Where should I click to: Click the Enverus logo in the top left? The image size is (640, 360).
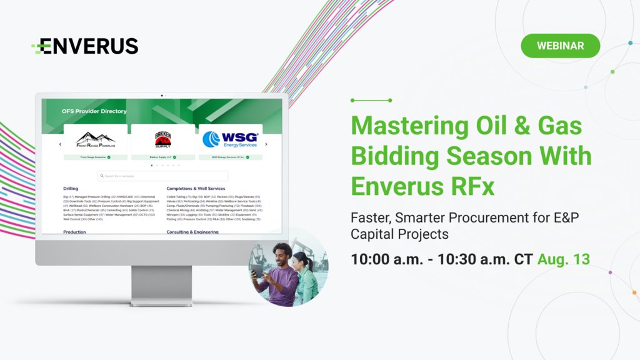coord(85,46)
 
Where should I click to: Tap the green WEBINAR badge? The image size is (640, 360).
coord(560,46)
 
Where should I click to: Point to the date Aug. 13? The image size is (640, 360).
coord(563,259)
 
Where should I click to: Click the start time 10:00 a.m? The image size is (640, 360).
coord(387,259)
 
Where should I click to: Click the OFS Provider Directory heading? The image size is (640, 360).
coord(94,111)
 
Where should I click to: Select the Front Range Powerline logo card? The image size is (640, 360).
coord(95,139)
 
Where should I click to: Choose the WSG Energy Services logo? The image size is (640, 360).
coord(231,139)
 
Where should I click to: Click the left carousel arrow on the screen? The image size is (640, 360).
coord(60,144)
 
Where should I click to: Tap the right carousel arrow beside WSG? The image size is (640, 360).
coord(266,144)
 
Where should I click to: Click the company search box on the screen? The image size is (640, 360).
coord(163,176)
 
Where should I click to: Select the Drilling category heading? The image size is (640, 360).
coord(71,188)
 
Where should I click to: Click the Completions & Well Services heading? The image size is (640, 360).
coord(196,188)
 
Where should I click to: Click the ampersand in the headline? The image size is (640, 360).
coord(525,126)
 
